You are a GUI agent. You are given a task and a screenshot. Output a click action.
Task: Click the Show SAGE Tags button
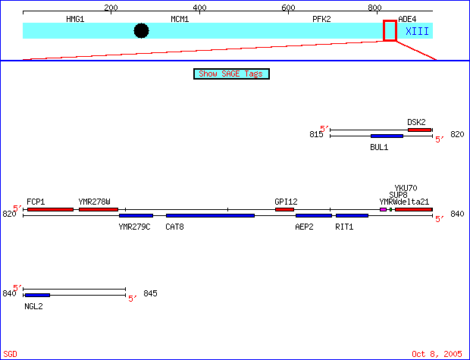pos(232,74)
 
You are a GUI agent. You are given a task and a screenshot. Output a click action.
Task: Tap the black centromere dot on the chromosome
pos(141,30)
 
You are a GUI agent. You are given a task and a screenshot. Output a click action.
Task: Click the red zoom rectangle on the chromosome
pos(390,30)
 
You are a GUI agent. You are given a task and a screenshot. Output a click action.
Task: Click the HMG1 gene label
pos(75,18)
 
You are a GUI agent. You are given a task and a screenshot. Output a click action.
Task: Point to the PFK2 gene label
pos(321,18)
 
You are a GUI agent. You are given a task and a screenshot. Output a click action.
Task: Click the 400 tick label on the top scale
pos(199,8)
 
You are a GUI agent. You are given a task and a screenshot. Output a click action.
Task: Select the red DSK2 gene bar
pos(419,130)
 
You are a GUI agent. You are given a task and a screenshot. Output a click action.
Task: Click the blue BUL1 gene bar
pos(387,136)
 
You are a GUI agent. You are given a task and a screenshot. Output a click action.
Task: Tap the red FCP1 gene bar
pos(50,209)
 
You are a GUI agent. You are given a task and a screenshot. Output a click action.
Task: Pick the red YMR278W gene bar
pos(99,209)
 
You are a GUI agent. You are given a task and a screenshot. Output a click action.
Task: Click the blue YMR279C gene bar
pos(136,216)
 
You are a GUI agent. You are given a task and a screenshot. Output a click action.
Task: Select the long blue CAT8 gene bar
pos(210,216)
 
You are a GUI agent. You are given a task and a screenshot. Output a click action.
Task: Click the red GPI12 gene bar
pos(284,209)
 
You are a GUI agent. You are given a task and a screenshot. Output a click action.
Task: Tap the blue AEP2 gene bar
pos(314,216)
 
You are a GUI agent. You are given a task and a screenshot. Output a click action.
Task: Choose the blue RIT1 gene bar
pos(352,216)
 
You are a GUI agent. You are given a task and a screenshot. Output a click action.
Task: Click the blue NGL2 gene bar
pos(37,295)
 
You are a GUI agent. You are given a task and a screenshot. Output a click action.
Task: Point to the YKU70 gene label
pos(406,188)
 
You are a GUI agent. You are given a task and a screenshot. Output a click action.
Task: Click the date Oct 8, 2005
pos(437,354)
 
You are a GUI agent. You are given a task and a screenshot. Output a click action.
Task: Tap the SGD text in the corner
pos(10,354)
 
